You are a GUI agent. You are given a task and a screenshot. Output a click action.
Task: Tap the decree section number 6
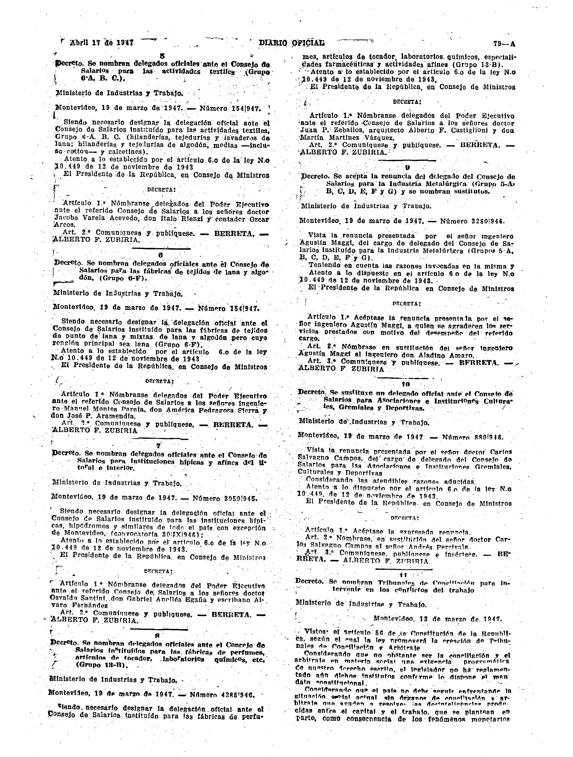(x=160, y=255)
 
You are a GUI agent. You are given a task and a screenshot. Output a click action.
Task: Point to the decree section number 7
(x=158, y=446)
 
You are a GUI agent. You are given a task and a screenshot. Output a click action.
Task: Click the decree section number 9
(x=407, y=168)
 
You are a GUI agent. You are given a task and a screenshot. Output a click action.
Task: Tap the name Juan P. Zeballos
(x=328, y=130)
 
